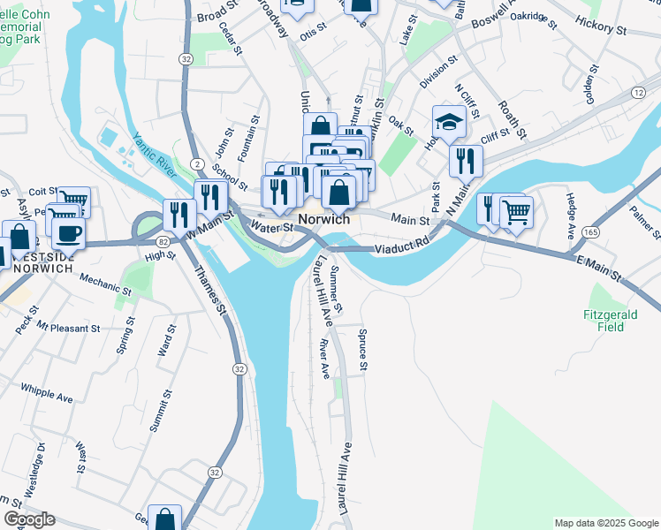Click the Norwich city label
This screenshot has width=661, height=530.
pos(323,219)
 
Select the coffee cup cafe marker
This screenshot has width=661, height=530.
pos(68,233)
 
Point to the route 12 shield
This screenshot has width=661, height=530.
pos(638,93)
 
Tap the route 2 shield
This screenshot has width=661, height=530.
pos(196,164)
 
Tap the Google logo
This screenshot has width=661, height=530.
pos(28,519)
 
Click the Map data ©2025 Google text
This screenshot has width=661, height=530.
pos(605,523)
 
